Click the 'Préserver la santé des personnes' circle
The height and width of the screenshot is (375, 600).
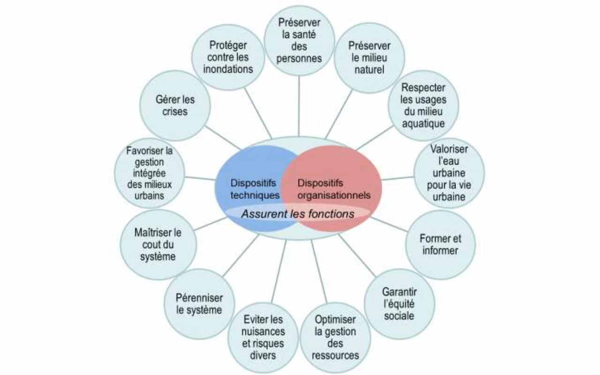pos(299,40)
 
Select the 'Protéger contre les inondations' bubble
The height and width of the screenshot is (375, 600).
pos(228,57)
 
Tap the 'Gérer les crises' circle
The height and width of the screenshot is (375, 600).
pos(174,105)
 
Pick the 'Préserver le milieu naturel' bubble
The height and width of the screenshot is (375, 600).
pos(369,58)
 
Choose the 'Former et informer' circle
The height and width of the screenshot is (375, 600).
pos(440,244)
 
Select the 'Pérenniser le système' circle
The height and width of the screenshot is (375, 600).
pos(199,303)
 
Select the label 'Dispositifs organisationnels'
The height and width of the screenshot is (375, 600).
pos(333,188)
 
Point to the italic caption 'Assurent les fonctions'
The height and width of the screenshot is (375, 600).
pos(298,214)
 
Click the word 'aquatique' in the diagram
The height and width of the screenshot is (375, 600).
pos(423,124)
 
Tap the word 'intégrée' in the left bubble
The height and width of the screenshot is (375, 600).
pos(150,173)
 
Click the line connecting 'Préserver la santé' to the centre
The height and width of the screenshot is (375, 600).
pos(299,105)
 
